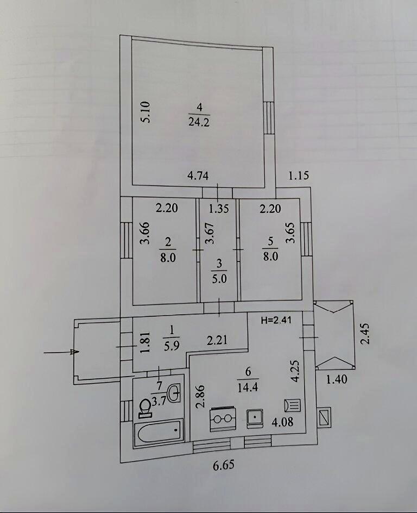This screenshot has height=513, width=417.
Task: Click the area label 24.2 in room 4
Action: click(199, 122)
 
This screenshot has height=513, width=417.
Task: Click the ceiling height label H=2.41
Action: click(275, 320)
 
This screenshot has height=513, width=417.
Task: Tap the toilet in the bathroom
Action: click(145, 407)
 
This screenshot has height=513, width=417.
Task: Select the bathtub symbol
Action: click(159, 434)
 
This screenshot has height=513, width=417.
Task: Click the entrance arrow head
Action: click(74, 352)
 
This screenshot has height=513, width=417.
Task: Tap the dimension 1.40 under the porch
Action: click(336, 379)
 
